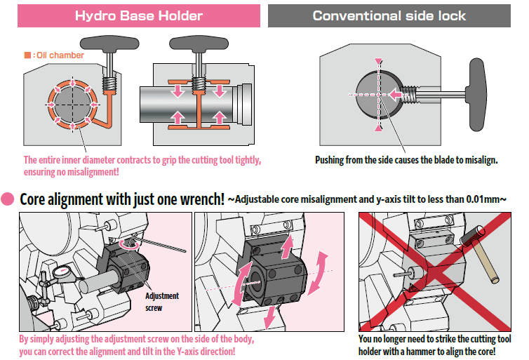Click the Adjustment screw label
click(161, 301)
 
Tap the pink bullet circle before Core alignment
click(10, 199)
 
